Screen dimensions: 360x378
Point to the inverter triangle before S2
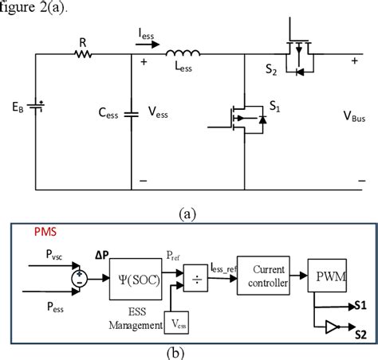click(330, 326)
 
